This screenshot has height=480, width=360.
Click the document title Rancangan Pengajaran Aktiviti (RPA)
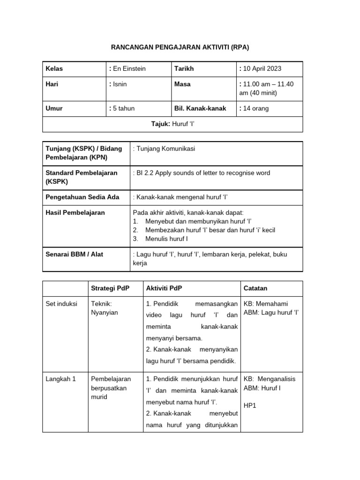tap(180, 47)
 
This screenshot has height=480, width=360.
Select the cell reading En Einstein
tap(128, 69)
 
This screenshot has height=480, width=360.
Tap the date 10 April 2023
tap(261, 69)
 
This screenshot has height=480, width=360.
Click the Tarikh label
tap(184, 69)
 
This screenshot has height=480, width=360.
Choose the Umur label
tap(53, 108)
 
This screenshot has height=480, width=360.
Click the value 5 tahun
tap(123, 108)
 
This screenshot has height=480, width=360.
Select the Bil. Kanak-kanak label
tap(200, 108)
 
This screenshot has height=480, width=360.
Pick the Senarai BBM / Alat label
tap(74, 254)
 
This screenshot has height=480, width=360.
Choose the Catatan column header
tap(255, 288)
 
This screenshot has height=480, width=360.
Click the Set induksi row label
tap(61, 304)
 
